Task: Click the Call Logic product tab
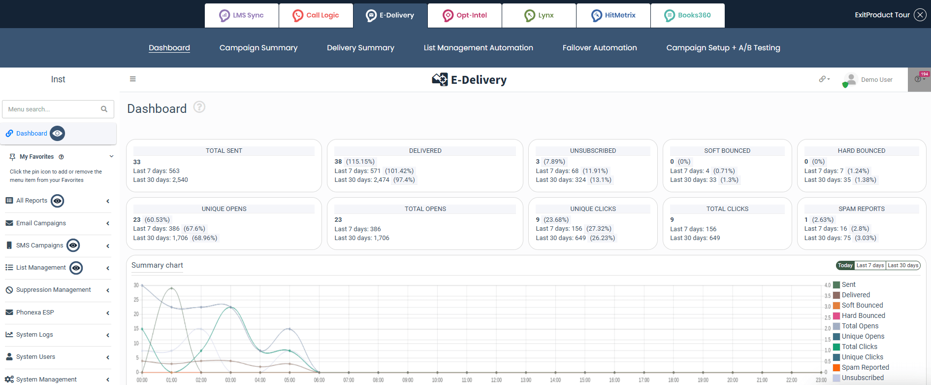click(316, 15)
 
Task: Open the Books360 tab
click(687, 15)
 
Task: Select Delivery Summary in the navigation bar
click(360, 48)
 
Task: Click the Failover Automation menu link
click(599, 48)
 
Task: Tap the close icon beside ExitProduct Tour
click(920, 15)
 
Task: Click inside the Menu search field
click(52, 109)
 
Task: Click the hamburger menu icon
click(132, 79)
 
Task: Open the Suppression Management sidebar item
click(53, 290)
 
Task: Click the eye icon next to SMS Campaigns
click(73, 245)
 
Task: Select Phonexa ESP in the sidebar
click(35, 312)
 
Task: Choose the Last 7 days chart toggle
click(870, 265)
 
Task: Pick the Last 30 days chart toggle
click(903, 265)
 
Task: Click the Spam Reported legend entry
click(865, 367)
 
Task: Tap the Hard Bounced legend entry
click(863, 315)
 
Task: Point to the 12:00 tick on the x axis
click(496, 380)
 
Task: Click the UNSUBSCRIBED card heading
click(593, 151)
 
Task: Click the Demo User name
click(876, 80)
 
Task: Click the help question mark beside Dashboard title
click(199, 107)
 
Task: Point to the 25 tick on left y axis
click(136, 300)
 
